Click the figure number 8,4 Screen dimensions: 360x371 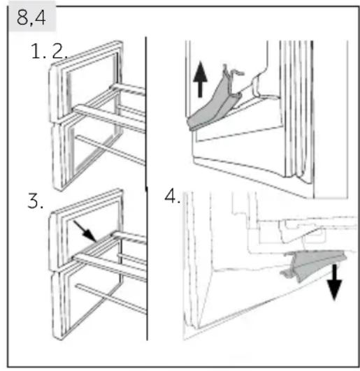[x=31, y=17]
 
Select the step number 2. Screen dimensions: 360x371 [x=59, y=51]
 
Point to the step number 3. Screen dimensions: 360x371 [x=35, y=201]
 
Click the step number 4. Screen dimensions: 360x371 [x=172, y=196]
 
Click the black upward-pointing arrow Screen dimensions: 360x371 [x=201, y=79]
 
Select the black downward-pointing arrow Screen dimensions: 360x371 [x=334, y=282]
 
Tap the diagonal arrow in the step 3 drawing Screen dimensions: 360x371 [x=85, y=231]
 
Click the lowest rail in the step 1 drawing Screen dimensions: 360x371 [x=110, y=150]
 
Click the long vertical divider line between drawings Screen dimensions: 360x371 [x=146, y=188]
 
